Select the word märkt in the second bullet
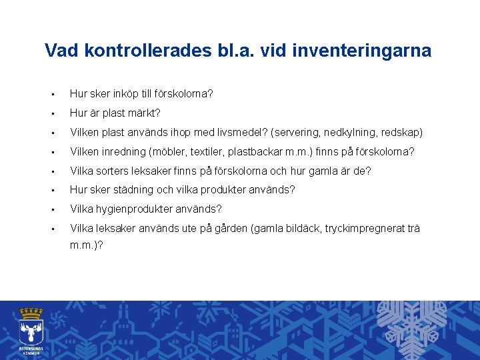coord(147,113)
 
